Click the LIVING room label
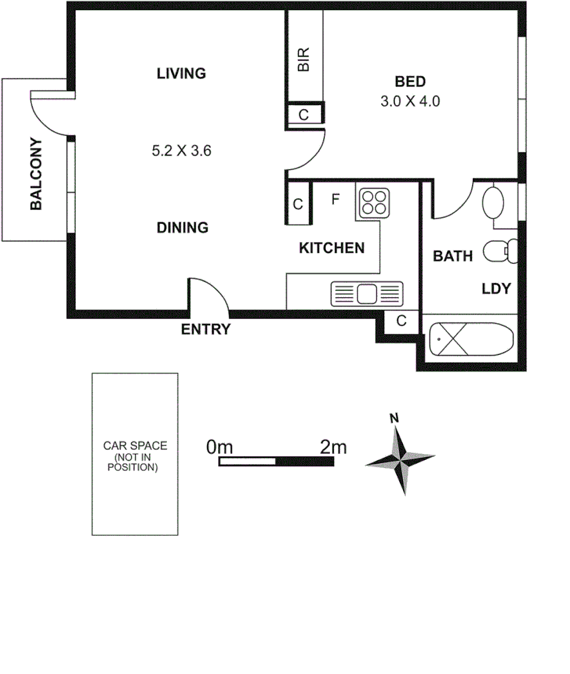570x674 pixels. [x=181, y=73]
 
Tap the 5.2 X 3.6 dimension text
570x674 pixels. [x=182, y=151]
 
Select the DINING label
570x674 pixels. [x=182, y=228]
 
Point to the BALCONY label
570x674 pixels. [x=37, y=174]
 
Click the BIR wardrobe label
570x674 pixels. [x=304, y=60]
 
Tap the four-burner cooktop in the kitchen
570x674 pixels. [x=374, y=201]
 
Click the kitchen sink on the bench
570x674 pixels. [x=366, y=293]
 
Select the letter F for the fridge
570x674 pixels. [x=335, y=198]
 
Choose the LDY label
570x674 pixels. [x=496, y=288]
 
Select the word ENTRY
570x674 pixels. [x=206, y=329]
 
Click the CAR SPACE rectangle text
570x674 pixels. [x=135, y=457]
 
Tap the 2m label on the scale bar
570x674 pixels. [x=333, y=447]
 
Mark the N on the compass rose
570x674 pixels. [x=394, y=418]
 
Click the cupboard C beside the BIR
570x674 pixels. [x=303, y=114]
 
